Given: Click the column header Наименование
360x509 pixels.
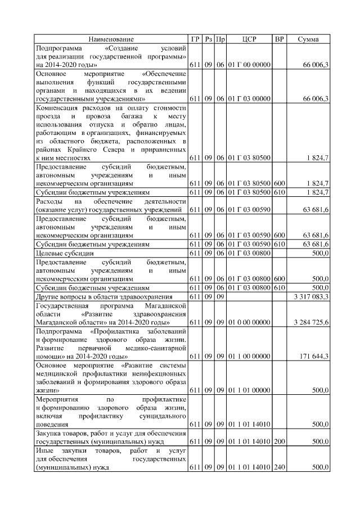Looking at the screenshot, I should pos(111,39).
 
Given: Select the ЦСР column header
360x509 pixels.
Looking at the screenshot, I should pos(249,39).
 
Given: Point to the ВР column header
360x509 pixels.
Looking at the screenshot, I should pos(280,39).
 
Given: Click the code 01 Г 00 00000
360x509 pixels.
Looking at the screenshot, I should pos(249,65).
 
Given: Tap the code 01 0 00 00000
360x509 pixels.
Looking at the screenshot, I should pos(249,322).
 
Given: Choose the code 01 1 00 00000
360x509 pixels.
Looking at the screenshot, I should pos(249,357).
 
